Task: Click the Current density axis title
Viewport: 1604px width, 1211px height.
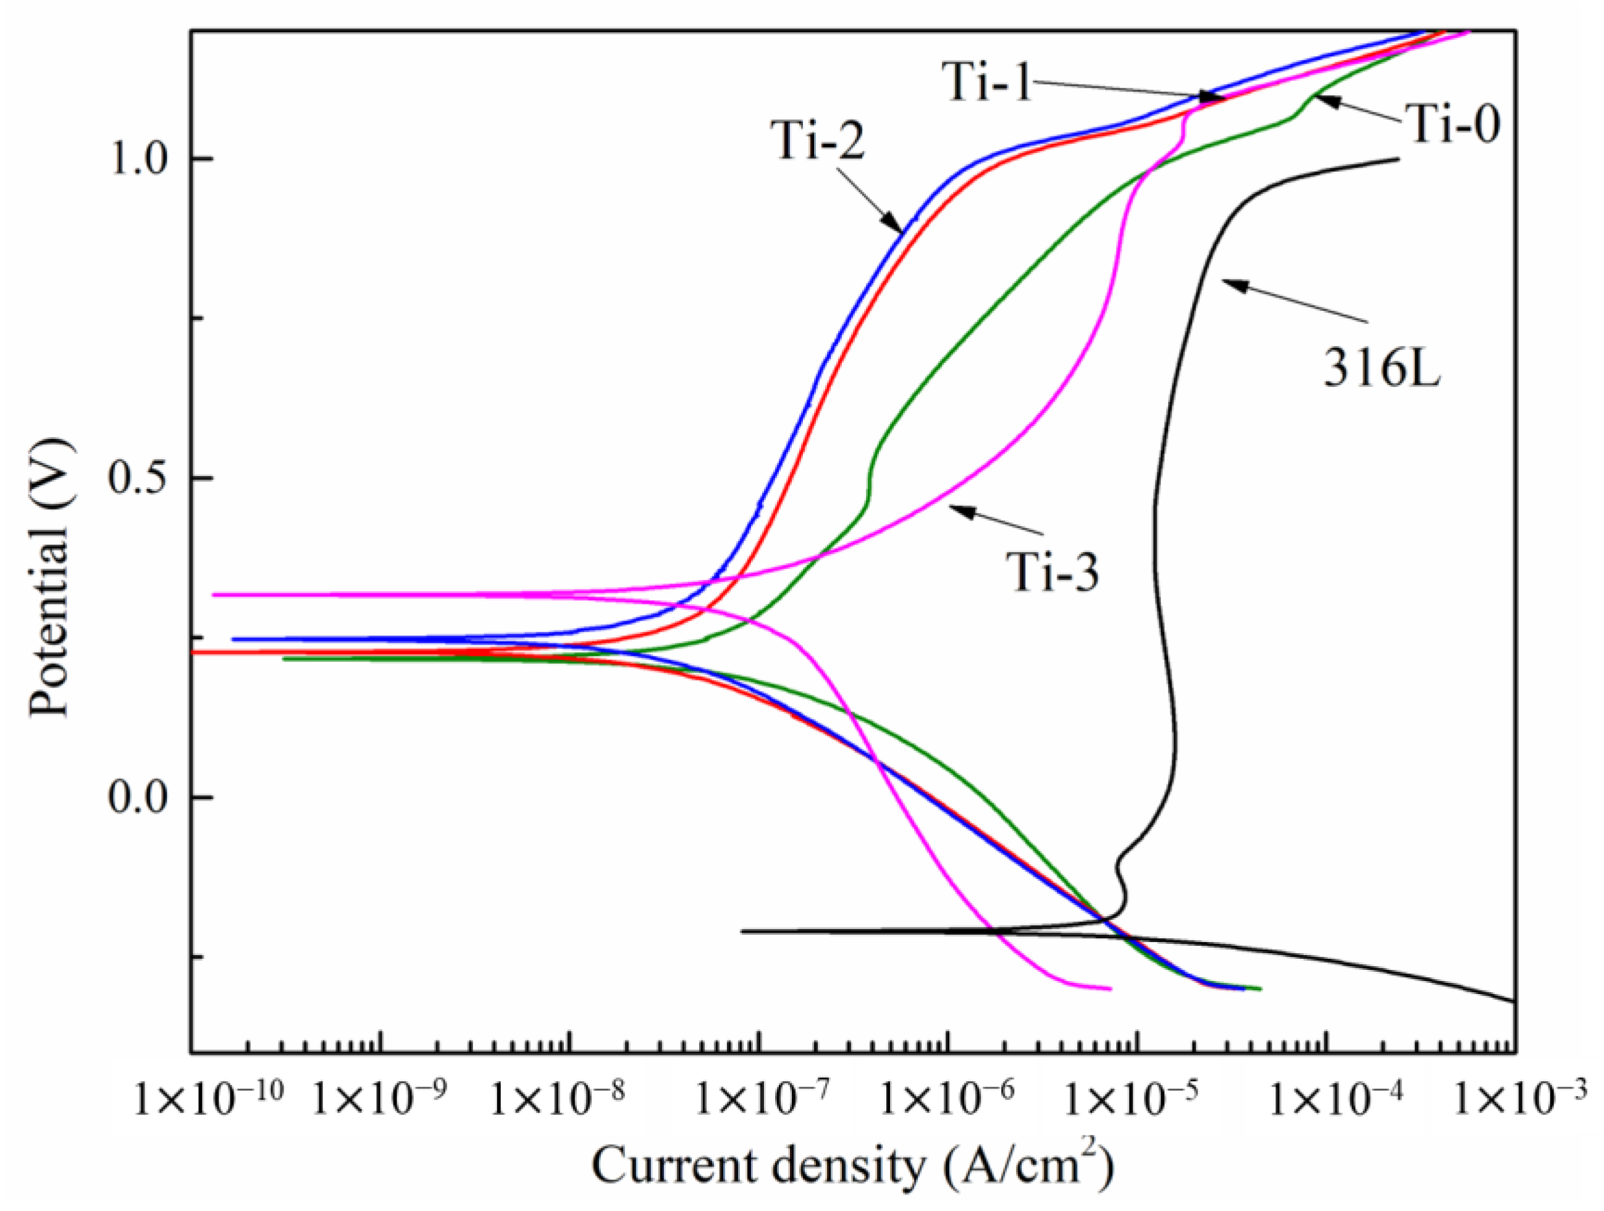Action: (852, 1166)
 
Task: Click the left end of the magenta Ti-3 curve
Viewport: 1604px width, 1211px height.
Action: (213, 594)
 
